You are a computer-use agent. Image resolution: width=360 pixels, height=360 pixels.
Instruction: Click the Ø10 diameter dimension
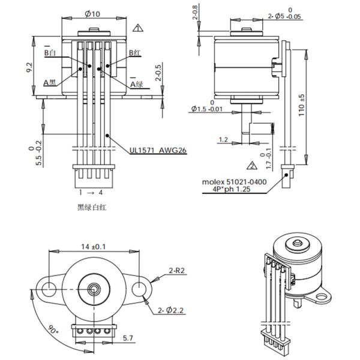(92, 14)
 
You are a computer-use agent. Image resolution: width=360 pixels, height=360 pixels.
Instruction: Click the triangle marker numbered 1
(138, 28)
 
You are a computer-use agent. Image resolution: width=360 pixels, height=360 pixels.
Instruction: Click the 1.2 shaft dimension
(223, 139)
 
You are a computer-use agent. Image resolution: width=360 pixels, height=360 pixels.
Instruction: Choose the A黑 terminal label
(50, 83)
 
